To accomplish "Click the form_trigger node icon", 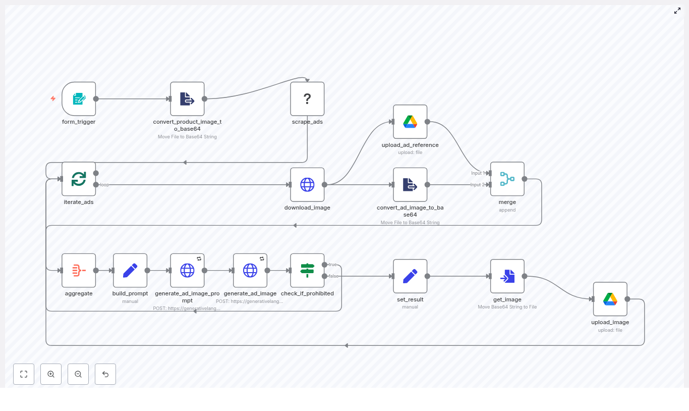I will click(x=79, y=99).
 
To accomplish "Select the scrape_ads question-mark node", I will click(x=307, y=99).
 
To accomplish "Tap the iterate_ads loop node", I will click(x=79, y=179).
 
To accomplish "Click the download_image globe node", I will click(x=307, y=185).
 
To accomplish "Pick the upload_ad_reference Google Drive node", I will click(x=410, y=122).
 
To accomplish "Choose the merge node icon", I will click(x=507, y=179).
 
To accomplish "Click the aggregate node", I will click(x=79, y=271).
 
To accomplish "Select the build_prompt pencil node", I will click(x=130, y=271).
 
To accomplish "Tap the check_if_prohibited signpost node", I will click(x=307, y=271).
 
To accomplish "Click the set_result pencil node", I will click(x=410, y=276).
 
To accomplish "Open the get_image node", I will click(x=507, y=276).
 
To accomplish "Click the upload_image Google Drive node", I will click(x=610, y=299).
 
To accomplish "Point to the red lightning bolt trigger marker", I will click(x=53, y=98).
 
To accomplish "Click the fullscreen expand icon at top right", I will click(x=677, y=11).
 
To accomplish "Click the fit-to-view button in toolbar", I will click(x=24, y=374).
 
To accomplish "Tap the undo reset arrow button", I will click(x=105, y=374).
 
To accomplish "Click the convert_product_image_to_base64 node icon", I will click(x=187, y=99).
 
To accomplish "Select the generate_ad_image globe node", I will click(x=250, y=271).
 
